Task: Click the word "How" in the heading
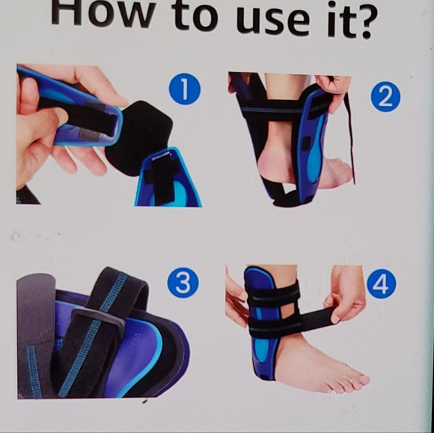point(103,14)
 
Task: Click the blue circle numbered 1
point(185,89)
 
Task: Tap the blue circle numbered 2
point(385,96)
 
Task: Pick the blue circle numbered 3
point(183,283)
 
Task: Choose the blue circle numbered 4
point(382,283)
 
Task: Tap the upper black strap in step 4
point(272,294)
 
